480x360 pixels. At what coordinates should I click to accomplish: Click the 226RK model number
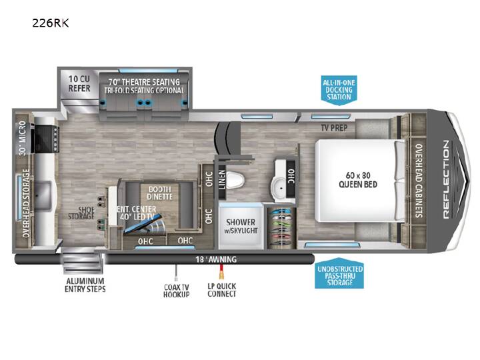point(51,23)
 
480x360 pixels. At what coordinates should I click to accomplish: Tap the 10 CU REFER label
point(79,83)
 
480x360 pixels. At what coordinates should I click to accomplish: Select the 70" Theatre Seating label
point(144,82)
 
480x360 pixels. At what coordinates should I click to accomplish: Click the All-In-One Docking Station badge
point(339,90)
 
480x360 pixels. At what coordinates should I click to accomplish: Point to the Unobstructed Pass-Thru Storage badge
point(339,275)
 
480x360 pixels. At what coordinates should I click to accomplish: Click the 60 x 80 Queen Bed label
point(358,180)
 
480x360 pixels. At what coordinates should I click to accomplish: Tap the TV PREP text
point(334,127)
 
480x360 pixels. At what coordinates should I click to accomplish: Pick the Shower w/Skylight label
point(241,226)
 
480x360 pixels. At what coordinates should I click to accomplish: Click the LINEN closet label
point(222,179)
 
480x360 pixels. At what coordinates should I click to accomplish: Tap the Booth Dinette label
point(159,193)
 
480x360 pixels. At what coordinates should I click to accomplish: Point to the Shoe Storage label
point(81,213)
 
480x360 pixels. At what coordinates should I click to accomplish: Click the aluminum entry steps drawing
point(83,261)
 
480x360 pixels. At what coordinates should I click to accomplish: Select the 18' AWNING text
point(216,259)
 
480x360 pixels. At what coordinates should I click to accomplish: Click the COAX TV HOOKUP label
point(176,291)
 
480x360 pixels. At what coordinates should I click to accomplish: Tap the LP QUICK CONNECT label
point(222,290)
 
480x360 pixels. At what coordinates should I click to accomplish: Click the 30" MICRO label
point(23,138)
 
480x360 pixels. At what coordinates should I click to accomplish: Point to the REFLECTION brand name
point(446,180)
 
